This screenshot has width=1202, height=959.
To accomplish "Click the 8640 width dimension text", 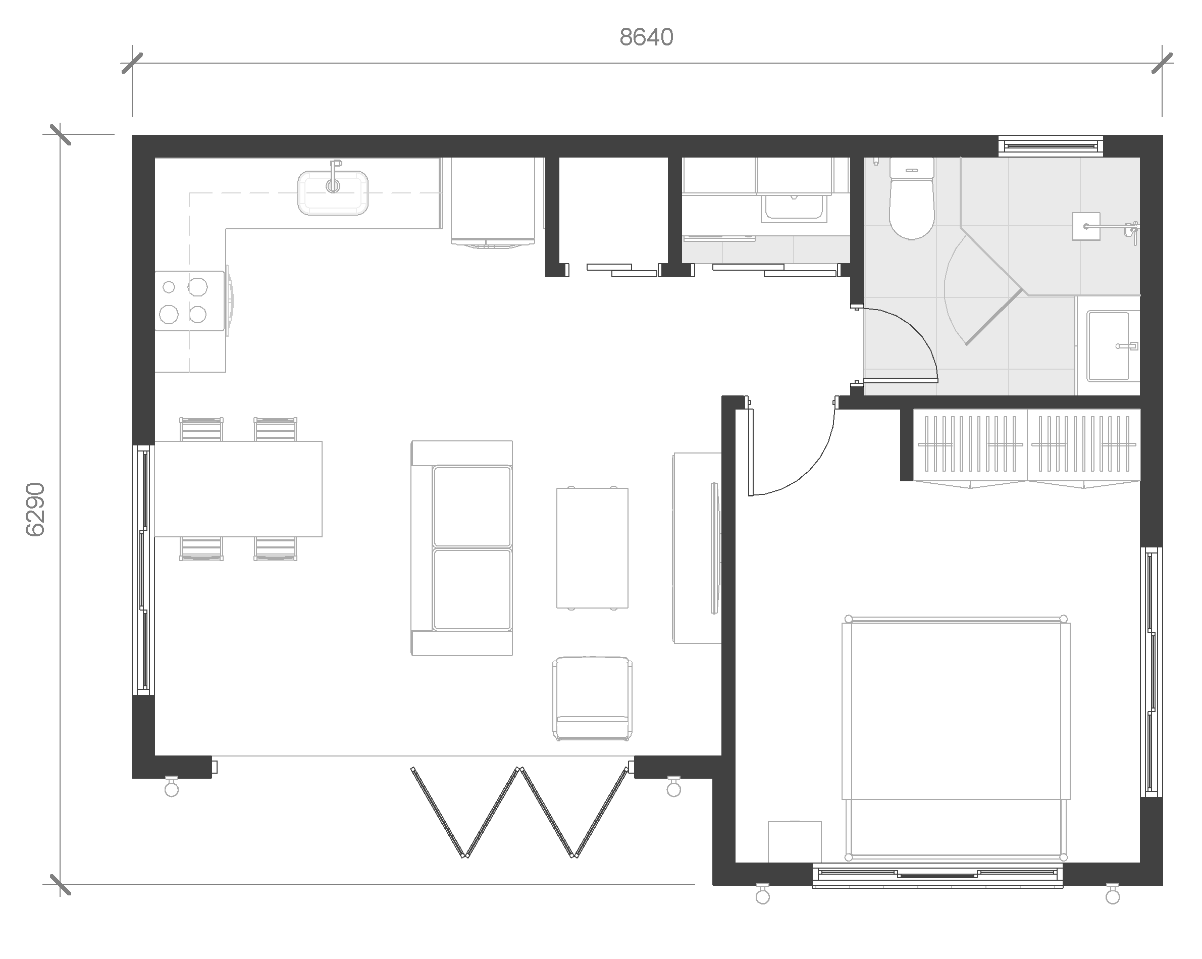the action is tap(646, 37).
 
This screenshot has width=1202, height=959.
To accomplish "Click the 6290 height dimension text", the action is tap(35, 510).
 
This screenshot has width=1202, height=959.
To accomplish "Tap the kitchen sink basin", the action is tap(333, 192).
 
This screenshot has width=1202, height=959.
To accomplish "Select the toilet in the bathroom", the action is tap(912, 198).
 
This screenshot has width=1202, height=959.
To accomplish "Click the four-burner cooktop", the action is tap(189, 301).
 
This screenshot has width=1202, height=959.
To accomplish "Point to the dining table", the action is tap(238, 489).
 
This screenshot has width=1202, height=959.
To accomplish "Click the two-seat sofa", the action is tap(461, 548).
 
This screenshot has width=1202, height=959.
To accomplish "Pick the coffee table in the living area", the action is tap(592, 548).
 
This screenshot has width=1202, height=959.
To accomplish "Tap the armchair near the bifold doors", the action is tap(593, 698).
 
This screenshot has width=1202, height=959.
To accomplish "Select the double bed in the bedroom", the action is tap(956, 738).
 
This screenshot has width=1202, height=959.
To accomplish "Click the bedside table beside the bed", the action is tap(795, 842).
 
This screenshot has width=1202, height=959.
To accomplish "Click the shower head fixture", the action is tap(1086, 226).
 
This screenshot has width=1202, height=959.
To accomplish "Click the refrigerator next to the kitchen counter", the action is tap(493, 203).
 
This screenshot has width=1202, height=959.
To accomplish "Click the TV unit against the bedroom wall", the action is tap(697, 548).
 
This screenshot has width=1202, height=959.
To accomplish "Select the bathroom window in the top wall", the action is tap(1051, 146).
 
